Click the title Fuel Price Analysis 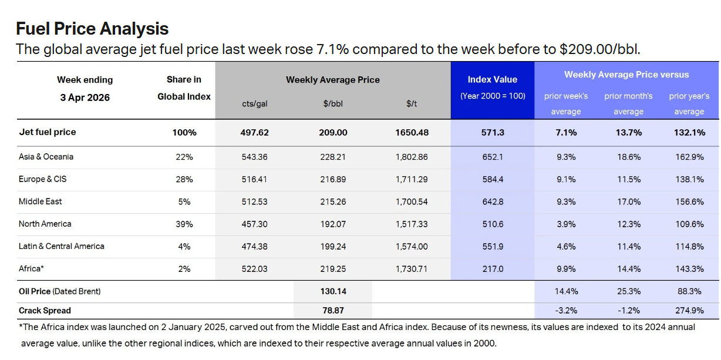point(92,28)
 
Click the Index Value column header point(492,79)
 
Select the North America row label point(45,224)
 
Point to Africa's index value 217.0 point(492,269)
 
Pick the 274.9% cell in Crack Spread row point(689,311)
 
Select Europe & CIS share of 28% point(184,179)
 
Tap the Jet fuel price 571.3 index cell point(492,133)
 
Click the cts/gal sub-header point(255,104)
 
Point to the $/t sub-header point(411,104)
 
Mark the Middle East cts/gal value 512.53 point(255,201)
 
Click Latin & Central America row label point(61,246)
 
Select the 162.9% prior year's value point(689,157)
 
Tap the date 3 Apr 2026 point(85,97)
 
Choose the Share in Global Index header point(184,88)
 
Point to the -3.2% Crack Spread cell point(566,311)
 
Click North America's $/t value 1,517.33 point(412,224)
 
